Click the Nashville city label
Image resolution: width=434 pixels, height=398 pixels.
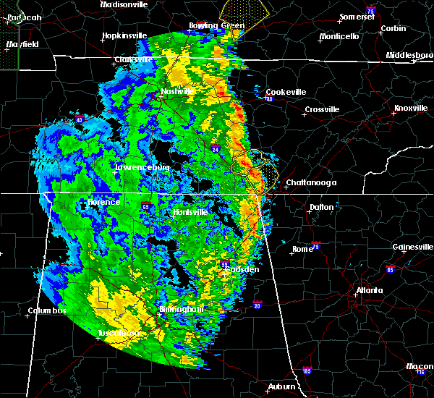[177, 92]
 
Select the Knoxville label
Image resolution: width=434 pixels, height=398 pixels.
[409, 109]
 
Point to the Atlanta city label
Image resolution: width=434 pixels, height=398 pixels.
[370, 292]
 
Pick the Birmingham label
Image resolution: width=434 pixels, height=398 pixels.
[182, 309]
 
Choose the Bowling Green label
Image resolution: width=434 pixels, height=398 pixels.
[213, 26]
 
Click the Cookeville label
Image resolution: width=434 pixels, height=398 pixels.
[286, 92]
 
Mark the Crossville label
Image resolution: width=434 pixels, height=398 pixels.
[322, 110]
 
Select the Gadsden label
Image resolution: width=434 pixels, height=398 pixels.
[243, 269]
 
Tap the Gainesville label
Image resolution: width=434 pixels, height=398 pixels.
[413, 247]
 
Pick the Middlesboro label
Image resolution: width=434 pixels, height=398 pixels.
[409, 55]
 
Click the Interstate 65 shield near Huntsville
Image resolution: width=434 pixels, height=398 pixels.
[146, 206]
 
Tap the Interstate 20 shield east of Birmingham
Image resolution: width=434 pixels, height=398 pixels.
[258, 305]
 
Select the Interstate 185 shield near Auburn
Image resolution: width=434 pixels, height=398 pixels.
[307, 371]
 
